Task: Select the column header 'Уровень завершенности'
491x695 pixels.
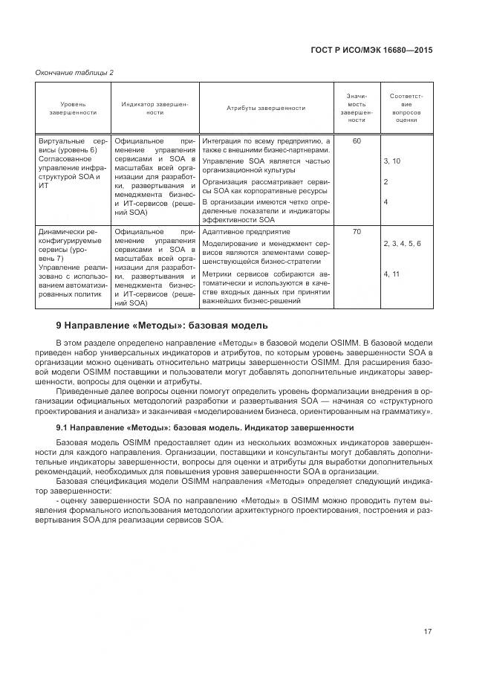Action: point(73,108)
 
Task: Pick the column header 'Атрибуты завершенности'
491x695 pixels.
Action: point(265,108)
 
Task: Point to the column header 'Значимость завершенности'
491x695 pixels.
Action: point(357,108)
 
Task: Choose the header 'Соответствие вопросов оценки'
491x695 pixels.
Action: point(406,108)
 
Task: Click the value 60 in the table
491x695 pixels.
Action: point(357,140)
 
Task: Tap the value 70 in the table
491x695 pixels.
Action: point(357,232)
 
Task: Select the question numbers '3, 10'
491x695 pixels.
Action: point(391,161)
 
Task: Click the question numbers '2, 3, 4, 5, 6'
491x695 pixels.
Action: point(402,243)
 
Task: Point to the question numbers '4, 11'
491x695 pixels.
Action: point(391,274)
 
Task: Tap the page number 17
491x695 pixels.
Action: point(428,632)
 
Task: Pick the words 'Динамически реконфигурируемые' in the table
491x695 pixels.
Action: point(71,236)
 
